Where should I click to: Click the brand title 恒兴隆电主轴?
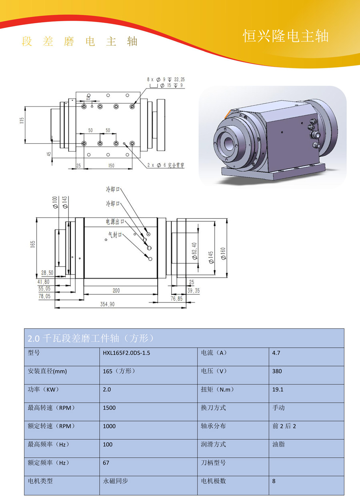(x=286, y=36)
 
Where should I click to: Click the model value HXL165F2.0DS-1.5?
(x=126, y=353)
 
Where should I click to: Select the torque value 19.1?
(x=278, y=390)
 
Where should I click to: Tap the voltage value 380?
(x=277, y=371)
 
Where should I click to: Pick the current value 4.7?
(x=276, y=353)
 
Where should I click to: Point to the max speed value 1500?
(x=109, y=408)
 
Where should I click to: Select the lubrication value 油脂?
(x=278, y=444)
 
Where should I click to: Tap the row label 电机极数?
(x=213, y=481)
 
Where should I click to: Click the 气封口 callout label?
(x=115, y=235)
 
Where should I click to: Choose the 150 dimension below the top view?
(x=111, y=166)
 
